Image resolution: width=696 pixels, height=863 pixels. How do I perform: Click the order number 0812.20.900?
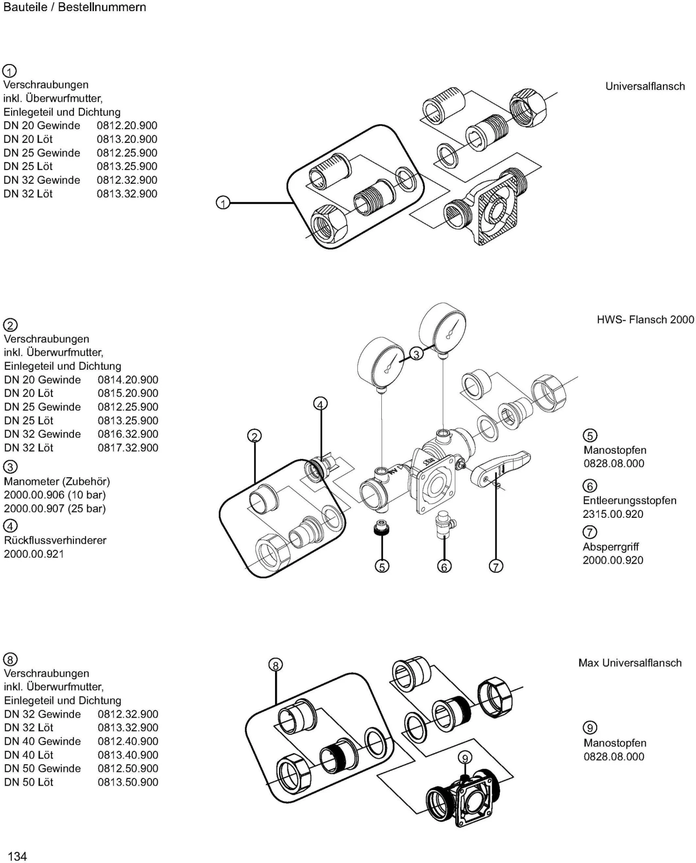(x=127, y=126)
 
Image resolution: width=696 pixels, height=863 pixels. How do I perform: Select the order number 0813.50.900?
(x=128, y=782)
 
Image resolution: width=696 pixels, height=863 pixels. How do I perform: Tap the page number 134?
(x=18, y=856)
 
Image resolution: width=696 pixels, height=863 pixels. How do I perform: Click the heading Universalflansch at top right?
(x=644, y=86)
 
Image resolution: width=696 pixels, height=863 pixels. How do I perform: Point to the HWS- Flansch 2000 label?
(x=645, y=320)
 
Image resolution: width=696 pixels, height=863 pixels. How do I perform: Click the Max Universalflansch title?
(x=630, y=663)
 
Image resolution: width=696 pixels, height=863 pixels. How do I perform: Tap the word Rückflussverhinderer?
(x=55, y=540)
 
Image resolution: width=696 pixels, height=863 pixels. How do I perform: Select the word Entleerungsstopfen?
(x=629, y=500)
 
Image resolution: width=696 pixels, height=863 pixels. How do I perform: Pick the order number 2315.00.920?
(x=612, y=514)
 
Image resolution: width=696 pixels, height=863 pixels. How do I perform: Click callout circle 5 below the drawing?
(x=382, y=567)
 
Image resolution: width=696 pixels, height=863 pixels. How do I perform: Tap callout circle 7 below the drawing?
(x=496, y=567)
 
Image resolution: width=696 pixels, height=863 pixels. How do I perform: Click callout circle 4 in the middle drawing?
(x=320, y=404)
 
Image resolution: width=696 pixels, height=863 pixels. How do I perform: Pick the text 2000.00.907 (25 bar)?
(x=55, y=509)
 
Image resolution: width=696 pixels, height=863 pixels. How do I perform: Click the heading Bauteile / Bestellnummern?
(x=74, y=7)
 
